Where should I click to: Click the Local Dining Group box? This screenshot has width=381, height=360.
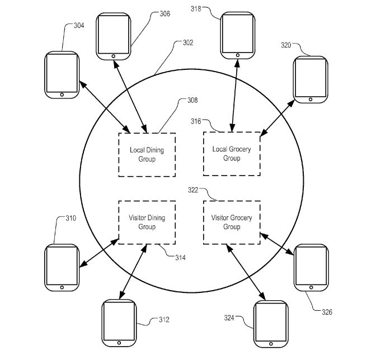[x=147, y=155]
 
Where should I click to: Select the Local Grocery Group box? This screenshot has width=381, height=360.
[x=231, y=154]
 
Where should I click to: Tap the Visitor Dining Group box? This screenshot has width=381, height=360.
[x=147, y=222]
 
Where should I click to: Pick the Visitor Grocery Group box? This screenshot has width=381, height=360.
[x=231, y=222]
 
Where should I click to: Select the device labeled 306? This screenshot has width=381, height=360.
[x=114, y=36]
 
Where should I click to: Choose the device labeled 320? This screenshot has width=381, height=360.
[x=311, y=79]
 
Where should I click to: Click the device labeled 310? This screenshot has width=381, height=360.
[x=62, y=267]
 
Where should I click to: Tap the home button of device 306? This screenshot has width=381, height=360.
[x=114, y=56]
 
